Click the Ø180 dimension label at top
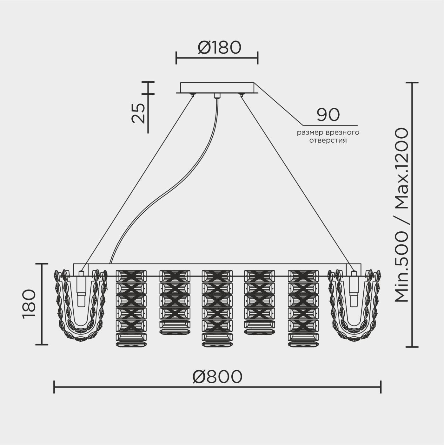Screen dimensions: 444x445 [x=220, y=48]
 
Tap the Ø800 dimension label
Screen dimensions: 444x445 [x=217, y=377]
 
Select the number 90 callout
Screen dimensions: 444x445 [x=328, y=115]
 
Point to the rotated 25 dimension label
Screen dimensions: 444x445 [x=138, y=113]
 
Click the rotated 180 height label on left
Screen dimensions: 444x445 [x=29, y=304]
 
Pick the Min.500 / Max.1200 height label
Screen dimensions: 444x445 [x=401, y=215]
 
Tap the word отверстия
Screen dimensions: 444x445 [x=328, y=140]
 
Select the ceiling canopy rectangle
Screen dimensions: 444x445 [x=217, y=88]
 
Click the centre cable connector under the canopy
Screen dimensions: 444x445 [x=216, y=96]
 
